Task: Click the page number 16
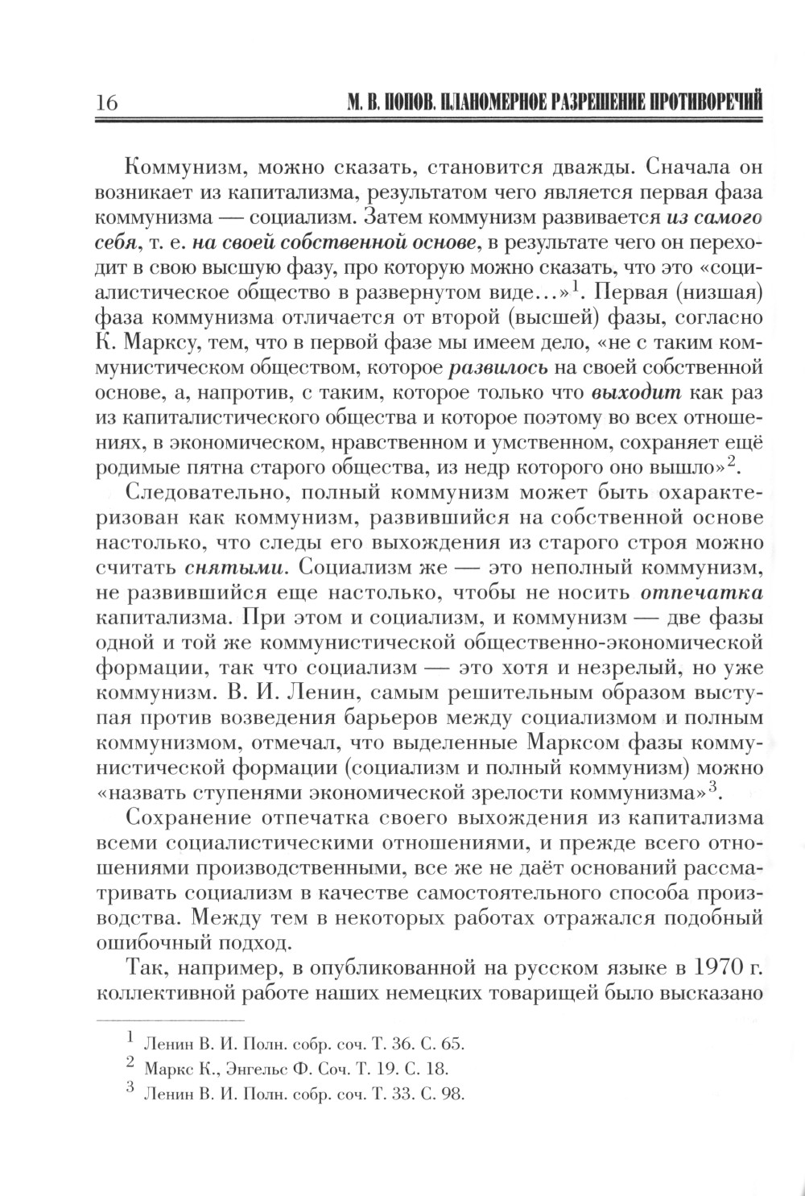[x=106, y=104]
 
